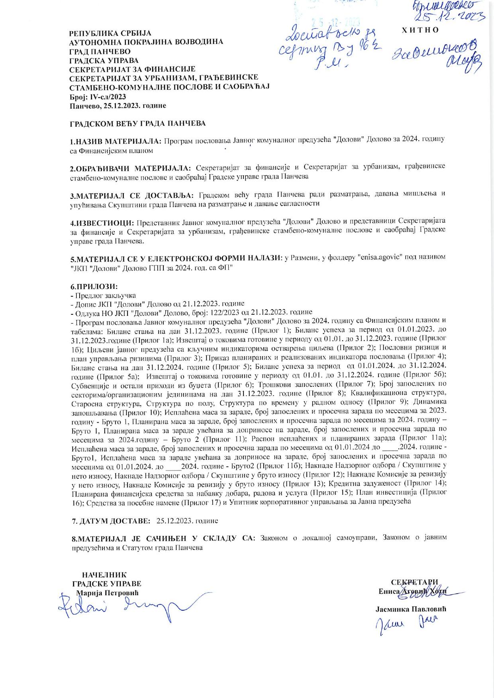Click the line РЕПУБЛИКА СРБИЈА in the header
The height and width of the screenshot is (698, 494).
click(x=110, y=33)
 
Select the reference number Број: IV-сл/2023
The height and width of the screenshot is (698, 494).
click(x=98, y=97)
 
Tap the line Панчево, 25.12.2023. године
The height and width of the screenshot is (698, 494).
click(x=118, y=106)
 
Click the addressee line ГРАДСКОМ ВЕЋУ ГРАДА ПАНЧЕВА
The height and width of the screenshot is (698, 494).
click(x=138, y=124)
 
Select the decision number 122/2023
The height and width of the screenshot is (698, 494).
click(x=222, y=312)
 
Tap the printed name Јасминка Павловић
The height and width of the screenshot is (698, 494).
click(x=411, y=610)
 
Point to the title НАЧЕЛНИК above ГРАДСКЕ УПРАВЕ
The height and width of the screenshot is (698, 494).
click(x=104, y=575)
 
